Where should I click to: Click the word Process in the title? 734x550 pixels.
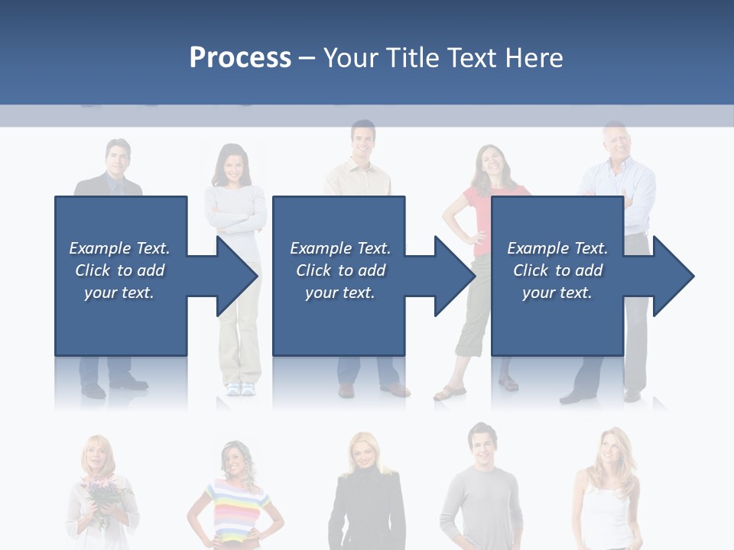click(240, 58)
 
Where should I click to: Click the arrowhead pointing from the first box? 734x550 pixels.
click(236, 276)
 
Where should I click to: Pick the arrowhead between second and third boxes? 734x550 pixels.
click(454, 276)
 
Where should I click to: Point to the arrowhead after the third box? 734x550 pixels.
click(672, 276)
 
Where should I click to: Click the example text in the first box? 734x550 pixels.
click(119, 270)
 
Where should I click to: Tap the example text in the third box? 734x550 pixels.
click(557, 270)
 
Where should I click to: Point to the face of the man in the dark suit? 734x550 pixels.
click(118, 159)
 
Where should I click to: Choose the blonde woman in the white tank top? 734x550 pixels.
click(607, 489)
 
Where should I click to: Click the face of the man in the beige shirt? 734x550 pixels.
click(363, 141)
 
